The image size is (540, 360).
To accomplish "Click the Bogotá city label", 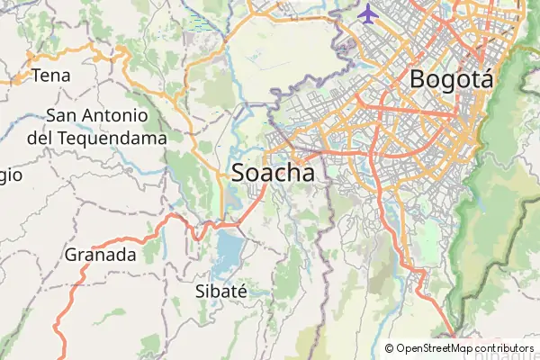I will [451, 78].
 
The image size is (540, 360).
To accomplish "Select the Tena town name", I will [50, 76].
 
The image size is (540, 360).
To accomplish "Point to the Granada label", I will [100, 255].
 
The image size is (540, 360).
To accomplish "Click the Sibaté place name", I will [220, 290].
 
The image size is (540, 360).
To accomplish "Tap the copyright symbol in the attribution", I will [390, 348].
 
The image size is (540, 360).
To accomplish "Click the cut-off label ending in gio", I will [9, 176].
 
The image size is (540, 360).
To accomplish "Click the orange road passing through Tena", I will [18, 80].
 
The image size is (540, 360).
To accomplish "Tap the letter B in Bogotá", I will [418, 78].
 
